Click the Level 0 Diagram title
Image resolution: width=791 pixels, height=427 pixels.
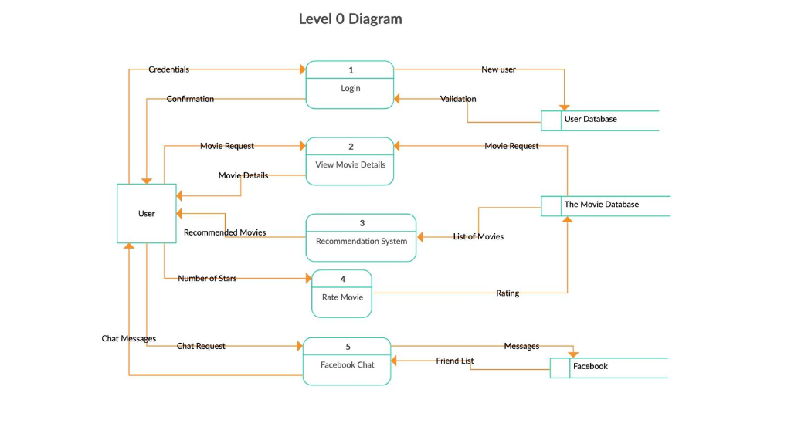350,19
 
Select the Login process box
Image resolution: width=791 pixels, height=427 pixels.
350,85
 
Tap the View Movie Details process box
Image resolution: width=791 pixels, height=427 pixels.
350,161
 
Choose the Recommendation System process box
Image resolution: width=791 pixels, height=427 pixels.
361,238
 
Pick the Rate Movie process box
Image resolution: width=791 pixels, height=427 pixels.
341,293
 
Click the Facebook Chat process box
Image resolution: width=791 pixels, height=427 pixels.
347,361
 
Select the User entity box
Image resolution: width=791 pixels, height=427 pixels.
146,214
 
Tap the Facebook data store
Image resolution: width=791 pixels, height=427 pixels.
608,367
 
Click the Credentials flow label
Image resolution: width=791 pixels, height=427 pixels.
168,69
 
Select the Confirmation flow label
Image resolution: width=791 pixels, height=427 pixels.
190,99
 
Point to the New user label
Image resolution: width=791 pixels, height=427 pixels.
498,69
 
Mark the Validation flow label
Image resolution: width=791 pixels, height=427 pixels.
458,99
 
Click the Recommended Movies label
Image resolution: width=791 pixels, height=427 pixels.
225,232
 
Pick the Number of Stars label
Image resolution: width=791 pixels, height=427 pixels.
207,278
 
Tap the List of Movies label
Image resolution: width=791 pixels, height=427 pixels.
478,236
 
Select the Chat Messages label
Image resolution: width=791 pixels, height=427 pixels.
129,338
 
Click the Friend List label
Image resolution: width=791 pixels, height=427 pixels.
455,361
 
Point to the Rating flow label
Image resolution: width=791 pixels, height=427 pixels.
508,293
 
